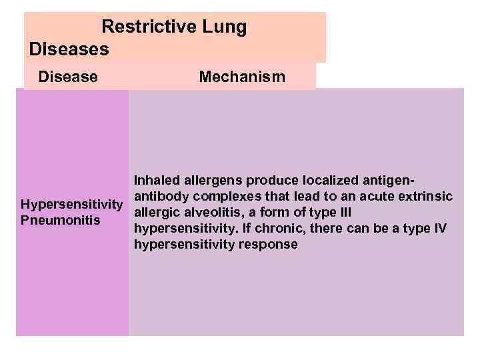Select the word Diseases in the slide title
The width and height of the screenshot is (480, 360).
[x=69, y=49]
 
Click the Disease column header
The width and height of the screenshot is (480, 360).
[x=68, y=77]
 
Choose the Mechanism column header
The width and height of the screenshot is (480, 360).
[x=242, y=77]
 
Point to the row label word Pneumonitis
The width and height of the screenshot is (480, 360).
[x=61, y=220]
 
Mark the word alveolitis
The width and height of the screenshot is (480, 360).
[x=207, y=213]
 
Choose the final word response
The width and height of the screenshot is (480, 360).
[x=273, y=245]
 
